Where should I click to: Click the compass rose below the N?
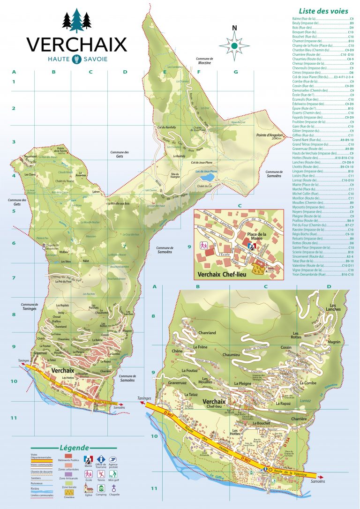pos(234,45)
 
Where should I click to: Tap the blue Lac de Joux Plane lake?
pos(207,178)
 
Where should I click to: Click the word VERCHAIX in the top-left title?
pos(76,44)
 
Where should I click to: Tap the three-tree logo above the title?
pos(76,20)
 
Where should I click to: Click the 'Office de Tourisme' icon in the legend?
pos(101,459)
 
